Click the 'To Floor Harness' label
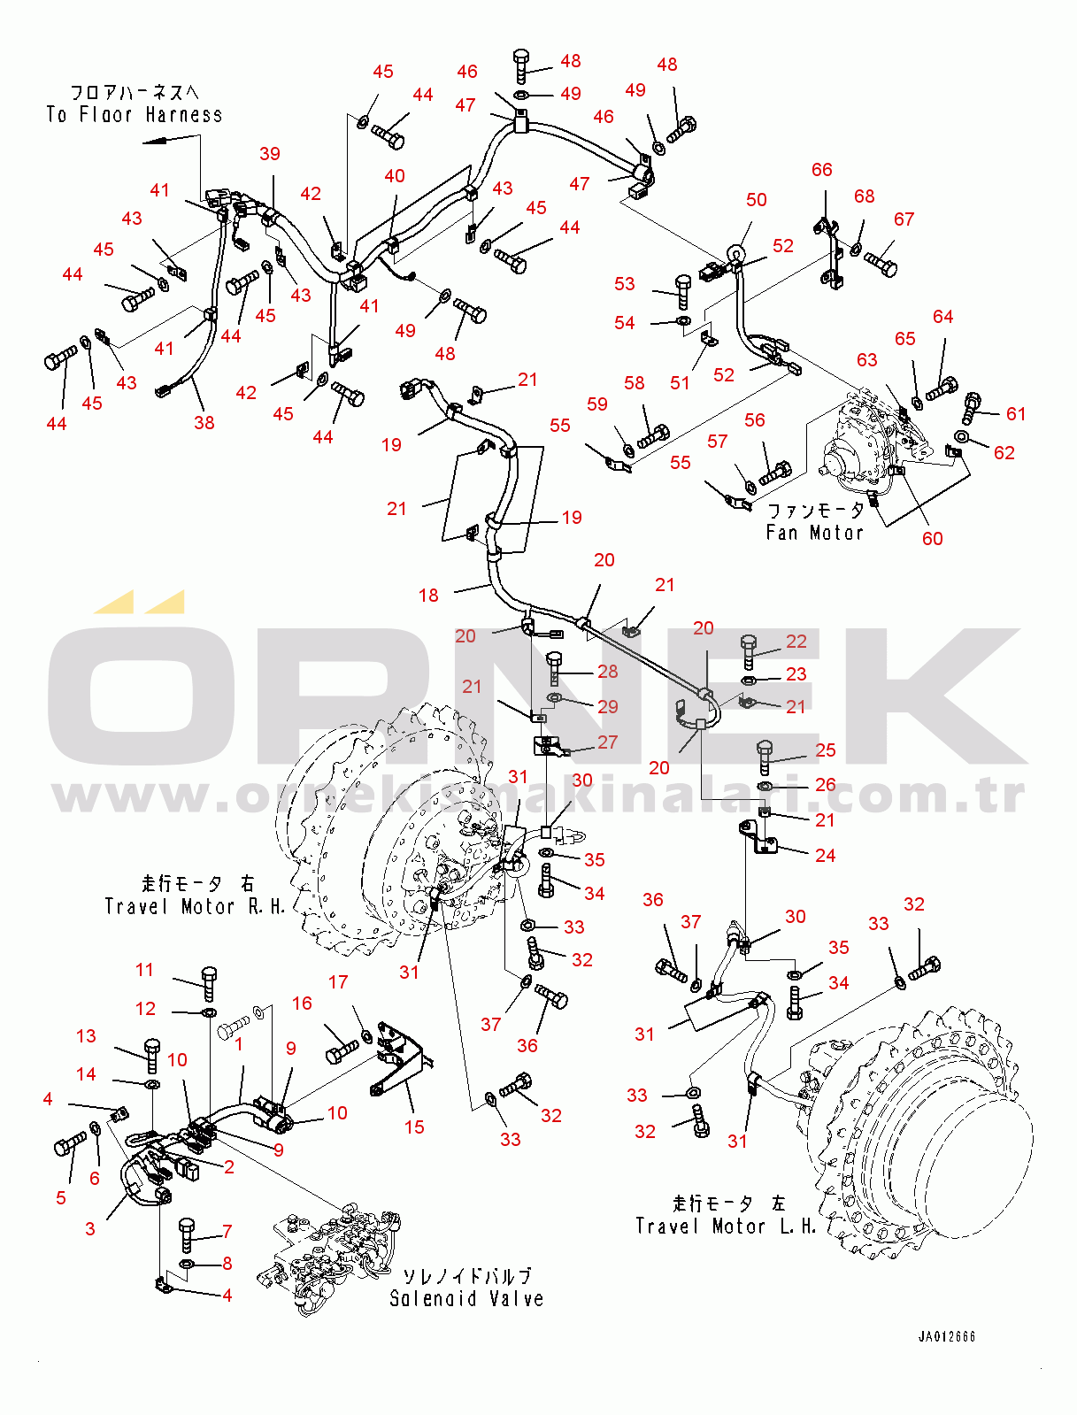coord(134,115)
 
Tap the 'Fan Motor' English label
coord(814,533)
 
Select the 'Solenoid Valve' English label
coord(466,1298)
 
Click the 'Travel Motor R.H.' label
coord(195,907)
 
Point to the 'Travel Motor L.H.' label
coord(726,1227)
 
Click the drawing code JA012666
coord(946,1336)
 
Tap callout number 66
coord(822,170)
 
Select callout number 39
coord(269,153)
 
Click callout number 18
coord(428,595)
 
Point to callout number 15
coord(414,1127)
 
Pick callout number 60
coord(932,538)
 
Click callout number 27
coord(607,742)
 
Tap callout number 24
coord(825,856)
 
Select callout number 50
coord(756,200)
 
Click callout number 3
coord(90,1228)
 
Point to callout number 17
coord(338,981)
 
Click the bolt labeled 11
coord(208,984)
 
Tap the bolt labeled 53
coord(682,293)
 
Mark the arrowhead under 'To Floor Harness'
coord(150,142)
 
